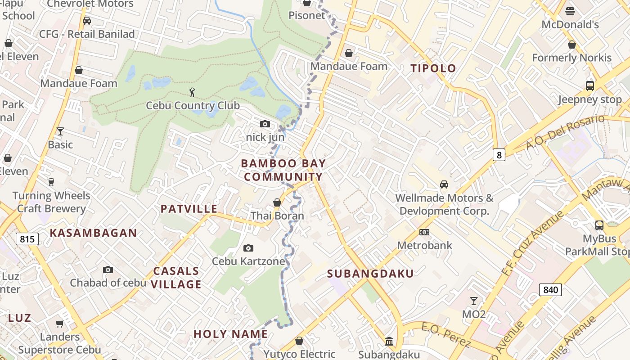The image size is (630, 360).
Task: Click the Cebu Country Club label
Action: (x=193, y=106)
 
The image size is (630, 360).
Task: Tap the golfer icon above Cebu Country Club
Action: (x=193, y=92)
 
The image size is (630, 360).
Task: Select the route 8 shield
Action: (x=499, y=155)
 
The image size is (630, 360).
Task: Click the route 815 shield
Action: (x=27, y=239)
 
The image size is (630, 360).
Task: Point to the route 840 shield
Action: (x=550, y=289)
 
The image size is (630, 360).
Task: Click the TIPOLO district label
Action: (x=433, y=68)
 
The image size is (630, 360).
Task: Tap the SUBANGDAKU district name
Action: (x=370, y=274)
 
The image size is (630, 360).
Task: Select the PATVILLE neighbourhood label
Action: (x=189, y=209)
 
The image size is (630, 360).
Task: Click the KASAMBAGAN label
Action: (x=93, y=233)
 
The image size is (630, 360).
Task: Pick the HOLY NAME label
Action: (x=230, y=334)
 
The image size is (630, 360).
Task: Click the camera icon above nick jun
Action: (x=265, y=124)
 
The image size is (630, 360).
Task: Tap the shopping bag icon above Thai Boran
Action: (x=277, y=202)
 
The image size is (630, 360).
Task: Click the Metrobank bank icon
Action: (x=424, y=232)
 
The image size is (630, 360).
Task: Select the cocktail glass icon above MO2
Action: (x=473, y=301)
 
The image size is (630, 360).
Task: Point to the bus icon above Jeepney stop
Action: (x=589, y=85)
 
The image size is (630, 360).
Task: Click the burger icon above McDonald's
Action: (x=570, y=11)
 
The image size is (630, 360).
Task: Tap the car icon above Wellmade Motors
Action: (x=444, y=184)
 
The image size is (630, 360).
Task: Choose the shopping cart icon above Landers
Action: (x=59, y=324)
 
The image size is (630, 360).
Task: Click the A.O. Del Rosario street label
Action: (x=565, y=132)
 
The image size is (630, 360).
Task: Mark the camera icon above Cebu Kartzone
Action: (x=248, y=248)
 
